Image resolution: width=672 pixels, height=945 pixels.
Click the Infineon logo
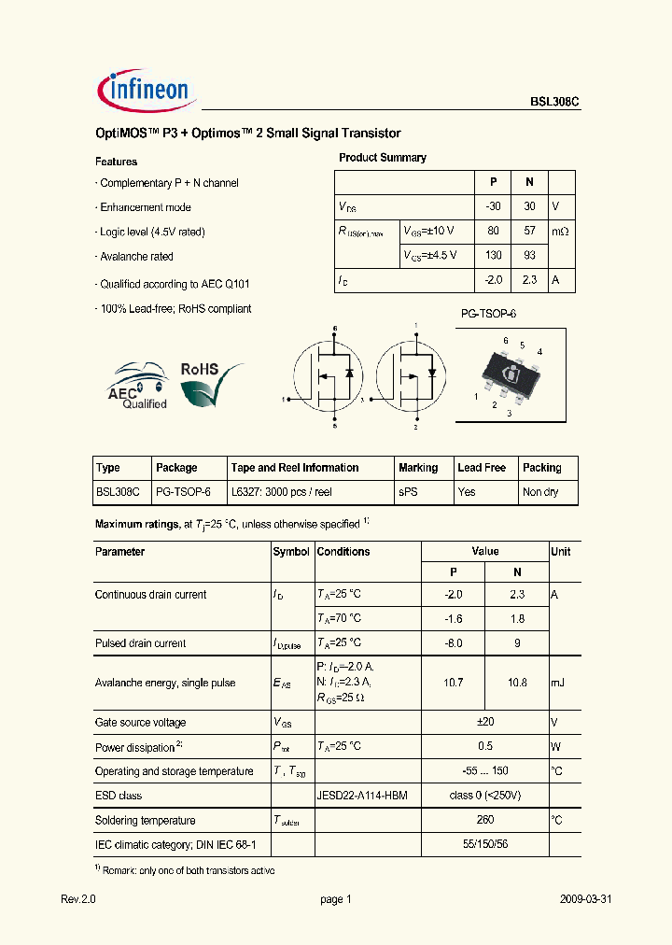145,91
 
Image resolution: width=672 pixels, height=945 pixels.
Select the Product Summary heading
382,158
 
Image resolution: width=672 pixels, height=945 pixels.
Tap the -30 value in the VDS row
494,206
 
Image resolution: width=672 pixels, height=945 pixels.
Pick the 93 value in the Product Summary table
529,255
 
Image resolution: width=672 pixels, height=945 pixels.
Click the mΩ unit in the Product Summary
560,231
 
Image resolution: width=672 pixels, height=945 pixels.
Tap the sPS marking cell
408,492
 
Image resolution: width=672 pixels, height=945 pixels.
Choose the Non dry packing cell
540,492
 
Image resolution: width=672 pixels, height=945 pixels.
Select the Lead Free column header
482,468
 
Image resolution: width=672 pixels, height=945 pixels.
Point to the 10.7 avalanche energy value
453,683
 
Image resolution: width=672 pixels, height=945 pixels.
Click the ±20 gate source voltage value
485,723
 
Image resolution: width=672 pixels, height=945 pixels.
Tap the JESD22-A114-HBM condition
362,796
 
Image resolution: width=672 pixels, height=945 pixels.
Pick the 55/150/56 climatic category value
485,844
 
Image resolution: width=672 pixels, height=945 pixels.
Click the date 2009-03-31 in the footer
585,899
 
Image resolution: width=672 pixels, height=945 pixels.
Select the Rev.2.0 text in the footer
78,899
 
